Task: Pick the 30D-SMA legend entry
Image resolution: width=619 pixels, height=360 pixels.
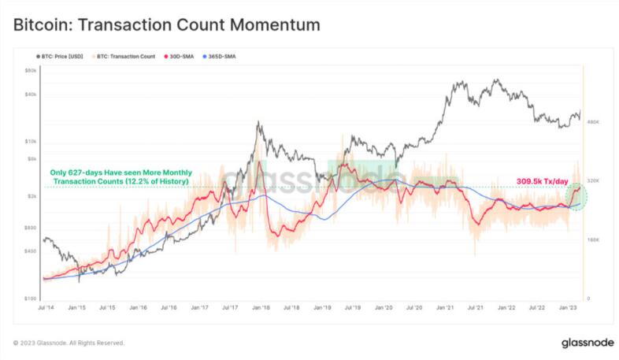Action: (180, 58)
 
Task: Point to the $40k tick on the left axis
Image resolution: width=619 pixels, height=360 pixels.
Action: (32, 95)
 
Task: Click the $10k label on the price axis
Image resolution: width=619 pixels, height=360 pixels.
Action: (32, 142)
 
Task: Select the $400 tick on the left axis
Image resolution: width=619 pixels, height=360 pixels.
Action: (32, 251)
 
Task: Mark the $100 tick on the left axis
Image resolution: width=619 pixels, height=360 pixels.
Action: (32, 299)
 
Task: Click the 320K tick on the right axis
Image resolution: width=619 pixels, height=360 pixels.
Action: (594, 180)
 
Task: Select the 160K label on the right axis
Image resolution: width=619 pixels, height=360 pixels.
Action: (594, 239)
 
